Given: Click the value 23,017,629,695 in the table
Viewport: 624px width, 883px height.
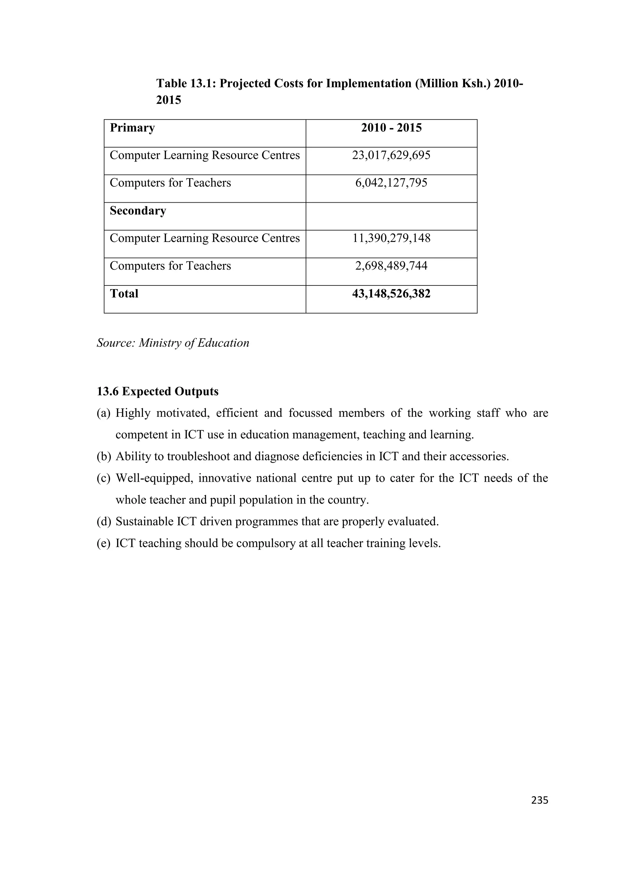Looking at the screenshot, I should click(391, 155).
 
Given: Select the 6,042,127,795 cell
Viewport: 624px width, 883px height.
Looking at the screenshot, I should click(391, 183).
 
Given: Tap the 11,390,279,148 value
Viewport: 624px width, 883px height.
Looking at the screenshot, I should click(391, 239).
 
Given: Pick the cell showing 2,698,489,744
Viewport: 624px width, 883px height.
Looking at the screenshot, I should click(391, 266).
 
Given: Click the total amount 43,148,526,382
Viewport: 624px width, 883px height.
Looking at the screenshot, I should click(391, 294).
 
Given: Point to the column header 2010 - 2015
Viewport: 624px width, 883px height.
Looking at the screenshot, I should click(391, 128).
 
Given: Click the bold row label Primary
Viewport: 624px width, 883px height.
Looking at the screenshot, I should click(132, 128).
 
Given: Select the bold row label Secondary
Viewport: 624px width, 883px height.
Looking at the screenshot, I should click(138, 211).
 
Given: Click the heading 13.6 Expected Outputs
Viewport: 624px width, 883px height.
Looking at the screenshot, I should click(158, 392).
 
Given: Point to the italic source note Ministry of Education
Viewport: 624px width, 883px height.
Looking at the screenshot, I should click(194, 343).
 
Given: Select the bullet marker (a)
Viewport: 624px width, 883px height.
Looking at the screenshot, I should click(103, 413).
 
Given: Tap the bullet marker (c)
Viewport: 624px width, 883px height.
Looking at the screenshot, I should click(103, 478).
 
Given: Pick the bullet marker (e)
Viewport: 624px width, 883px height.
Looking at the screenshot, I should click(103, 543).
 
